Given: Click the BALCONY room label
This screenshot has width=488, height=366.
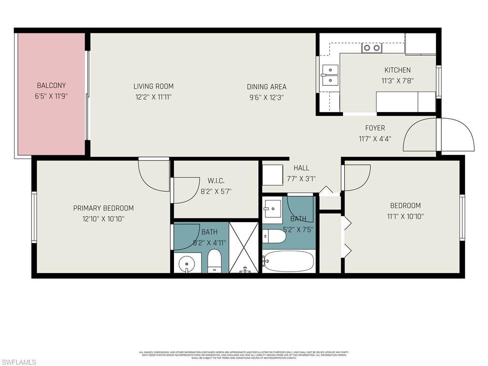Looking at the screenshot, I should [x=51, y=86].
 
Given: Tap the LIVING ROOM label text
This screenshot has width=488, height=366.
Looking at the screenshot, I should [x=153, y=86].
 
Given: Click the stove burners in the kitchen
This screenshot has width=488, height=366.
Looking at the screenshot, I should [x=371, y=48].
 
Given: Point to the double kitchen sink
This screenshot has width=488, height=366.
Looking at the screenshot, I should [x=330, y=75].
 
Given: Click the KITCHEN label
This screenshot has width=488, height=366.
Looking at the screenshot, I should [x=397, y=70].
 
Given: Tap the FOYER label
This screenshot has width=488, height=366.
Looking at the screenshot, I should [x=375, y=128].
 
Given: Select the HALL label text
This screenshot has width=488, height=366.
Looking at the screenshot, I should [x=301, y=168].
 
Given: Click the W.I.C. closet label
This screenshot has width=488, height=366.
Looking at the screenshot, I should [x=216, y=181].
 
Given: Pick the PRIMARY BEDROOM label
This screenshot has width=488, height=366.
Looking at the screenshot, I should [x=103, y=208].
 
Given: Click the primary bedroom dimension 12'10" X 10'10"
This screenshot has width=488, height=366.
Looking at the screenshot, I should [x=103, y=219].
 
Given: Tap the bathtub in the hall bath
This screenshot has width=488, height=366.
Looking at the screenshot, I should [x=289, y=261].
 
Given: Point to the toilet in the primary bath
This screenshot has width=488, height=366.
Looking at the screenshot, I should [x=214, y=262].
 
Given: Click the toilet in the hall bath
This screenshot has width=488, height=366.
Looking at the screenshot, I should [x=274, y=236].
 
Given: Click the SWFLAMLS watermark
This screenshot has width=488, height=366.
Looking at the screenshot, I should [x=19, y=362].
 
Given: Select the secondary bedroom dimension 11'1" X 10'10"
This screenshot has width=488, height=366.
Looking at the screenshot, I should [x=405, y=216].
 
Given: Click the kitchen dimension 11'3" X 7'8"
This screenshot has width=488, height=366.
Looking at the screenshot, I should [x=397, y=81].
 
